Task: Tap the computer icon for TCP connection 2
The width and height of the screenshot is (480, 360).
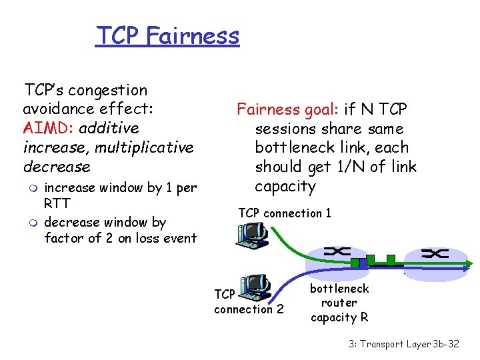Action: (x=254, y=287)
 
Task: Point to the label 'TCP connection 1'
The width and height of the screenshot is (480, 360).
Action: (x=285, y=213)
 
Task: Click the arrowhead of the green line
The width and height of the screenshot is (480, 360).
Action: (x=465, y=265)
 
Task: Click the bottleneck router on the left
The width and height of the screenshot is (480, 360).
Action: (x=339, y=253)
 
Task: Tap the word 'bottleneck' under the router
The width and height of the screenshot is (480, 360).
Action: (x=339, y=289)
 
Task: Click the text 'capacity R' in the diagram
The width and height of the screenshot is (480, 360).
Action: (x=339, y=318)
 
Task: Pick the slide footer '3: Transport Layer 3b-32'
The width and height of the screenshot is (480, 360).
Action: (x=404, y=345)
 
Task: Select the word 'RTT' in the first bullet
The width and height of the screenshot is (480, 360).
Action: (x=57, y=204)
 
